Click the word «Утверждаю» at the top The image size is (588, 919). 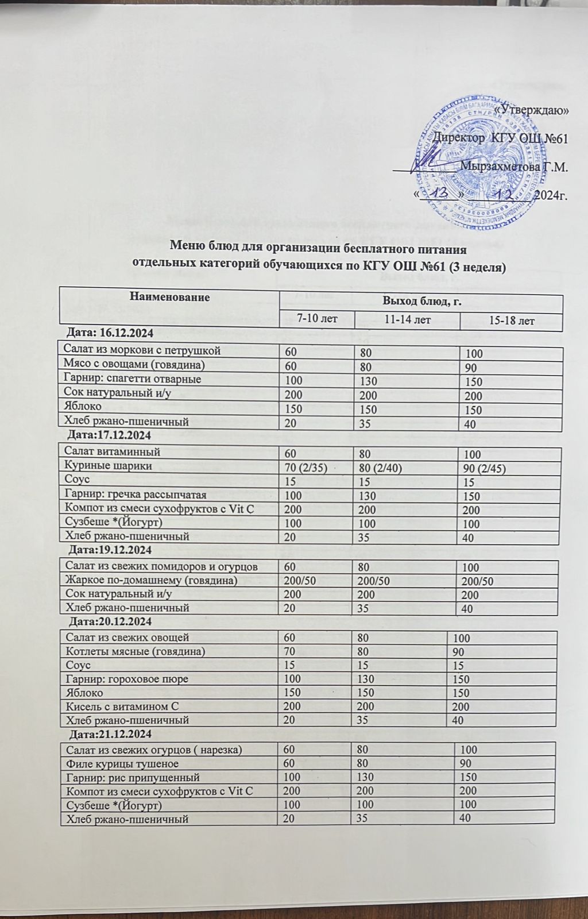pyautogui.click(x=532, y=111)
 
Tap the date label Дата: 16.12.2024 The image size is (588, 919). pyautogui.click(x=109, y=331)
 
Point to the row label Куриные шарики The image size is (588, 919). pyautogui.click(x=109, y=466)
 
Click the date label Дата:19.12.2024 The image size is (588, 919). pyautogui.click(x=109, y=550)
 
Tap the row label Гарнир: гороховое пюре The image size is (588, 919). pyautogui.click(x=127, y=679)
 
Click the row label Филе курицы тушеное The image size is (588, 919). pyautogui.click(x=122, y=763)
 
